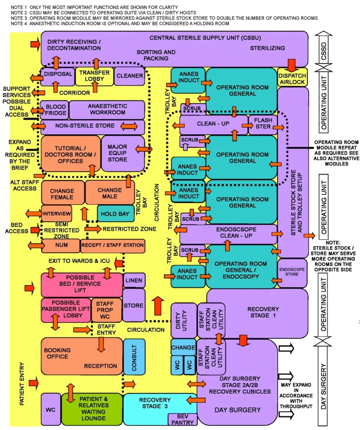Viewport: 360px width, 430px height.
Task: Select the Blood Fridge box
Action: coord(55,110)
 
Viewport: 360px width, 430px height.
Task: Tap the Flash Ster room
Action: coord(263,125)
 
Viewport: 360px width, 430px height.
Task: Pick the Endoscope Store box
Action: coord(292,272)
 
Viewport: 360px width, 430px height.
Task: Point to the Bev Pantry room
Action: coord(182,419)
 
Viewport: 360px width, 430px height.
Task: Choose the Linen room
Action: coord(134,280)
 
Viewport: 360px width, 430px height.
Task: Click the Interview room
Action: coord(57,213)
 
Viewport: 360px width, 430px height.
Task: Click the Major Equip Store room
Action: coord(118,153)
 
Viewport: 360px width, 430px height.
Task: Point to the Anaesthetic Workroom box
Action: coord(107,110)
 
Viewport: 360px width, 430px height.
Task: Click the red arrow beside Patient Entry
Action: coord(34,382)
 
